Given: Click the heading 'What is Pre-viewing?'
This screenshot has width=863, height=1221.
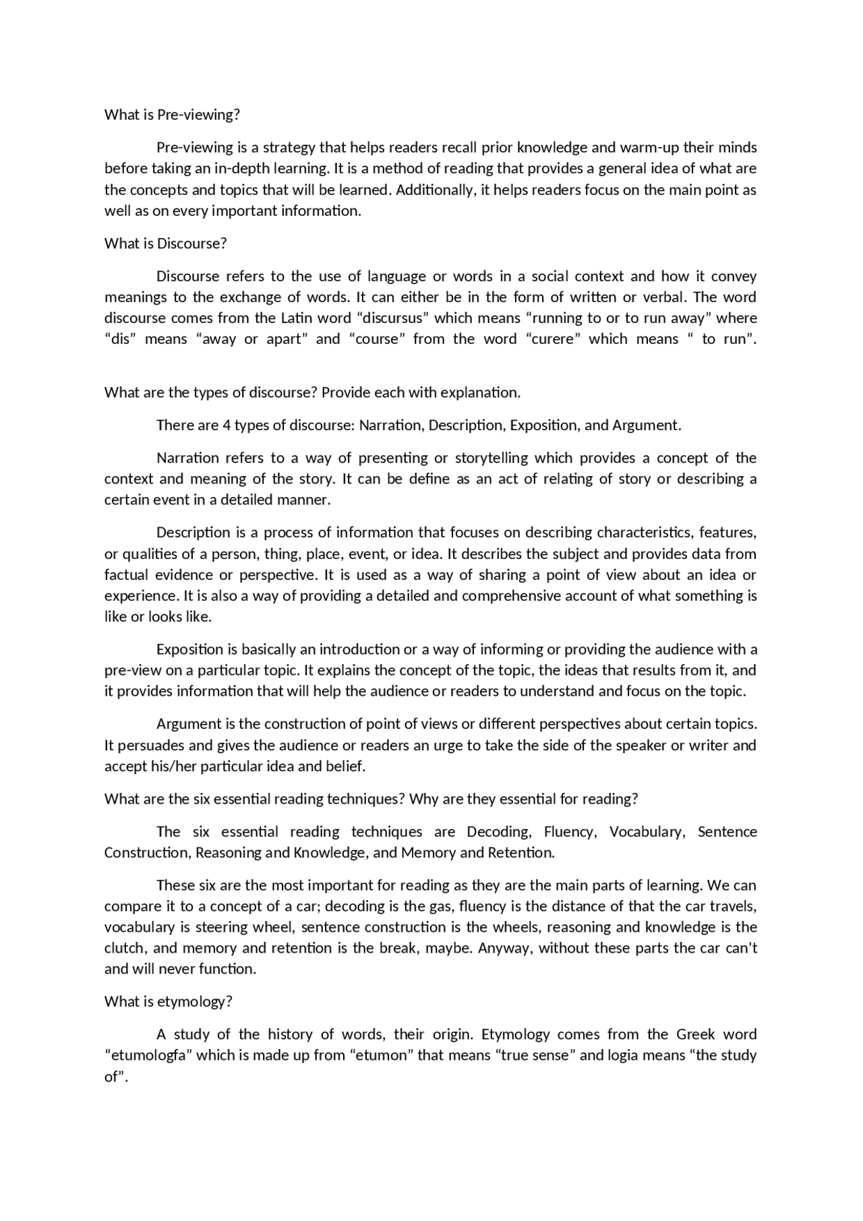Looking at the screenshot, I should (x=172, y=115).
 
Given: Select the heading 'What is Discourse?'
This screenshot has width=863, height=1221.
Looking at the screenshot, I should (x=165, y=243).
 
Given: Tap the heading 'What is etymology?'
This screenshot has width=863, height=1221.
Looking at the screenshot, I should (x=168, y=1001).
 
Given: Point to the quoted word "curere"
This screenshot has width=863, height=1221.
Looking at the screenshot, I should (x=553, y=338).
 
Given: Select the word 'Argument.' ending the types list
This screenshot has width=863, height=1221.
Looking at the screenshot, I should (x=647, y=425).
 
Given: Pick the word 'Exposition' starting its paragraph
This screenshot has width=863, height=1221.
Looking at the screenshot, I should (x=189, y=649).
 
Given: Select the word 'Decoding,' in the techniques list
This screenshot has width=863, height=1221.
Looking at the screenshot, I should (x=498, y=831).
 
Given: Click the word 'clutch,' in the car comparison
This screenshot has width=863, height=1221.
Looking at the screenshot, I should (x=125, y=948).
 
